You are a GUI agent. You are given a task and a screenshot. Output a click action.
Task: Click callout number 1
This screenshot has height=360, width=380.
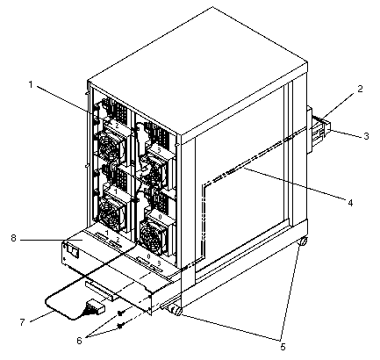point(31,85)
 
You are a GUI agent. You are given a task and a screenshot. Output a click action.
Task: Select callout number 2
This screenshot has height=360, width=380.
point(360,89)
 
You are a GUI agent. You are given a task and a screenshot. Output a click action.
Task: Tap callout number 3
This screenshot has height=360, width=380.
point(366,136)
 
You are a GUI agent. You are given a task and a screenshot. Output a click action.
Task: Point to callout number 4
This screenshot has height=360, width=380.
point(350,203)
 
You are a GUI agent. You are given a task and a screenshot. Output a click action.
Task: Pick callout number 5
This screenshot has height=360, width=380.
point(283,347)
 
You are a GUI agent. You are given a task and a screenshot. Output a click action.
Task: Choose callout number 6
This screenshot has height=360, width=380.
point(79,341)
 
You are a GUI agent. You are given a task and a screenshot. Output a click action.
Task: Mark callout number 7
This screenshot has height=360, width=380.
point(23,322)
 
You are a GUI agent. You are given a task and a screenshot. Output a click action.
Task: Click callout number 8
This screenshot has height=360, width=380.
point(13,238)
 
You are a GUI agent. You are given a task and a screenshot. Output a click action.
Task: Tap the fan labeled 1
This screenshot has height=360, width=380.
point(111,209)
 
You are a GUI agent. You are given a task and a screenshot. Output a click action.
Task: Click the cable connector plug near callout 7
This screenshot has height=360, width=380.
point(96,307)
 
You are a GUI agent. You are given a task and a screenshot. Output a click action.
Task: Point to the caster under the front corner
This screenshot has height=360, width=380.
point(175,310)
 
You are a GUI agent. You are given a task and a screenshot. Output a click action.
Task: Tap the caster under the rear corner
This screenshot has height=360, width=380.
point(303,241)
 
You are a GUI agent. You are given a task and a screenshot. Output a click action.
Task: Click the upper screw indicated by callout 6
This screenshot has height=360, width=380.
point(119,313)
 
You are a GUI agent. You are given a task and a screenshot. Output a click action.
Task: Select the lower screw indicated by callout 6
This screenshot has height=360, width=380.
point(119,325)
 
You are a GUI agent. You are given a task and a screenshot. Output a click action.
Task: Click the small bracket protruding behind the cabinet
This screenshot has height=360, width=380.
point(319,130)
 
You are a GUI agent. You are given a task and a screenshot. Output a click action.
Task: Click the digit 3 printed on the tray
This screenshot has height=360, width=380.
point(159,263)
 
